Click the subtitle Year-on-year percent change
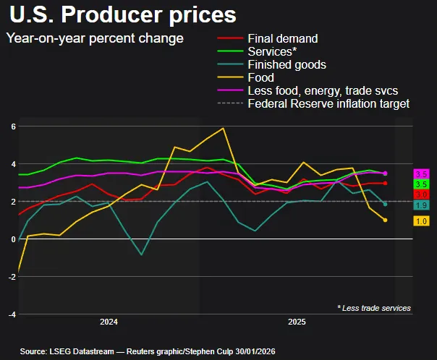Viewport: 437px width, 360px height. coord(95,38)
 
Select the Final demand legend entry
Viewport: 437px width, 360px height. coord(282,38)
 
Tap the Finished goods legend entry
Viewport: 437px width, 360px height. coord(287,64)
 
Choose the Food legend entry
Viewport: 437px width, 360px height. coord(260,77)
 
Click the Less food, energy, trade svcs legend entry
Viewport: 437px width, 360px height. coord(322,90)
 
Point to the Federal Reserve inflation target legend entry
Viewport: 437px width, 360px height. coord(328,103)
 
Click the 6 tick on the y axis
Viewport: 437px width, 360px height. coord(12,127)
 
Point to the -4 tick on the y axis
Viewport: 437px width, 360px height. coord(11,314)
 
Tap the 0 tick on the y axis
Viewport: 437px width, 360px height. coord(12,239)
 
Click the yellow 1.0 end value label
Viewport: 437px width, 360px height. coord(420,220)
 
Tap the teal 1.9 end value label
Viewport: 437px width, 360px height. coord(420,206)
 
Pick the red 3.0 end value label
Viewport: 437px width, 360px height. coord(420,195)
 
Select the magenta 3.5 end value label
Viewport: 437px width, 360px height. coord(420,174)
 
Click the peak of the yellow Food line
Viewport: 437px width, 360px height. coord(223,129)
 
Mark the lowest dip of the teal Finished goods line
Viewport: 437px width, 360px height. coord(142,254)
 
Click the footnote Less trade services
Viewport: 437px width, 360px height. coord(374,309)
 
